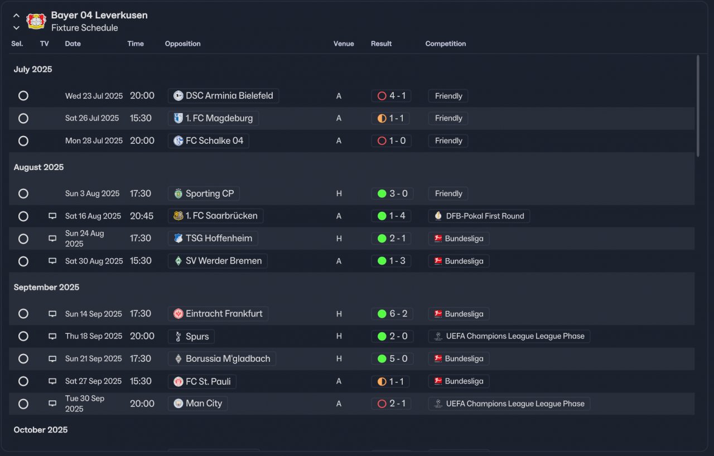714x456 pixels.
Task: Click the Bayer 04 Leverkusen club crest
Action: [36, 21]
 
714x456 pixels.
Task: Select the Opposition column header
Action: [182, 43]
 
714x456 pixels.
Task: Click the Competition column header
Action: [445, 43]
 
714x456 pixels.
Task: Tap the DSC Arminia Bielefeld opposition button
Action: [223, 96]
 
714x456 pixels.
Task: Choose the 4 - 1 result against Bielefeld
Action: [391, 96]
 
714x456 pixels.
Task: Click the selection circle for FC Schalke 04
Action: [23, 141]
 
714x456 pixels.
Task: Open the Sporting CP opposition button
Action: [204, 193]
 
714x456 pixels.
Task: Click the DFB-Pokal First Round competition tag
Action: [479, 216]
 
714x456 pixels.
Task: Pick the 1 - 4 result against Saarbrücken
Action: [391, 216]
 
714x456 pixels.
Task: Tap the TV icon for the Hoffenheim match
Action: [52, 239]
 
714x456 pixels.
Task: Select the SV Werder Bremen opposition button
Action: [218, 261]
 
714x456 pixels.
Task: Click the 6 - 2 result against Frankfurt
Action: [392, 314]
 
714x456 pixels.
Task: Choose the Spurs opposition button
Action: [191, 337]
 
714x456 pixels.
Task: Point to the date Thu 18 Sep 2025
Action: [94, 336]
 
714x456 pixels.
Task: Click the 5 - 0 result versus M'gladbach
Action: [392, 359]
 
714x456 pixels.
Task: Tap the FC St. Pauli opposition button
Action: [202, 381]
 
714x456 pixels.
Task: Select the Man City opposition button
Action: [197, 404]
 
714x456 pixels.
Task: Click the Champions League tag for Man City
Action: [509, 404]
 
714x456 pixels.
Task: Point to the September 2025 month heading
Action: [46, 287]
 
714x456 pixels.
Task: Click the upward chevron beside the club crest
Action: [16, 16]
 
